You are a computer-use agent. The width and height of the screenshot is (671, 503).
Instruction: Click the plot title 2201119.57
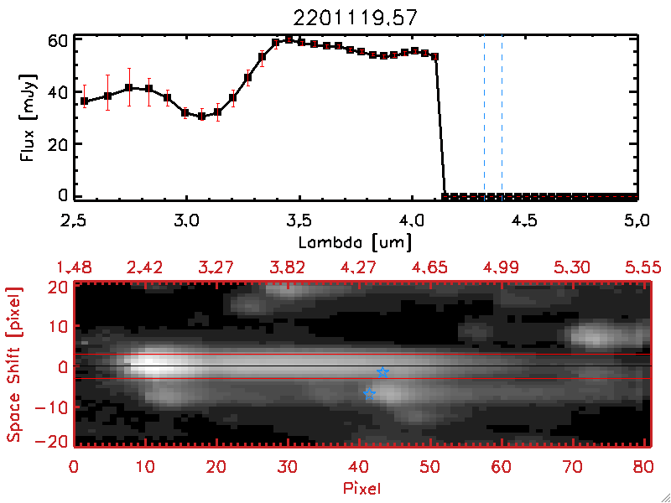click(355, 18)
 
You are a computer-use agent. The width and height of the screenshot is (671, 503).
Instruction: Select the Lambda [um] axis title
click(355, 243)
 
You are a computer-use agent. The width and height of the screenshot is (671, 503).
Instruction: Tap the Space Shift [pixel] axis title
click(15, 365)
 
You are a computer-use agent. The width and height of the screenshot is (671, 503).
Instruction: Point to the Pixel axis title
click(362, 487)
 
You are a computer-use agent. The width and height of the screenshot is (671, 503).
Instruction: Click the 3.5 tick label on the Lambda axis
click(299, 221)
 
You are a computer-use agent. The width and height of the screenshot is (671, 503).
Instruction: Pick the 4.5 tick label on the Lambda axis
click(524, 221)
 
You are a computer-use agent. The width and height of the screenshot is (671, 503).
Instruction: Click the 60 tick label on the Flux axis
click(57, 40)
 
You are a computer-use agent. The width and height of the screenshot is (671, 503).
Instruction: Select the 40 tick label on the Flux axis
click(57, 92)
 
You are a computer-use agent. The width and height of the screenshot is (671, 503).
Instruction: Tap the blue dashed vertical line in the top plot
click(502, 117)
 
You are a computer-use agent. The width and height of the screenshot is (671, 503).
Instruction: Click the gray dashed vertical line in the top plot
click(484, 117)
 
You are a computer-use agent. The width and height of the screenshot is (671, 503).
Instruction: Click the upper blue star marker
click(382, 372)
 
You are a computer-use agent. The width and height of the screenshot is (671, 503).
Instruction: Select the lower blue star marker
click(369, 394)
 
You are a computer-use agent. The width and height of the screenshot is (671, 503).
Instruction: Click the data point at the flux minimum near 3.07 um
click(201, 116)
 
